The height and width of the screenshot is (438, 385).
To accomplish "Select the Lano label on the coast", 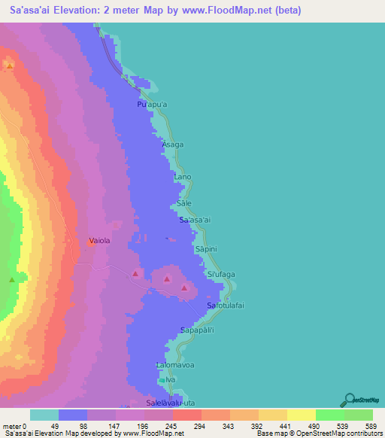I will point(183,177).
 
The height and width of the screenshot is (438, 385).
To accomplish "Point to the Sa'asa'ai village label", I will point(197,220).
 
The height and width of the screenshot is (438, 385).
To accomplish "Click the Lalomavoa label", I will point(174,366).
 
